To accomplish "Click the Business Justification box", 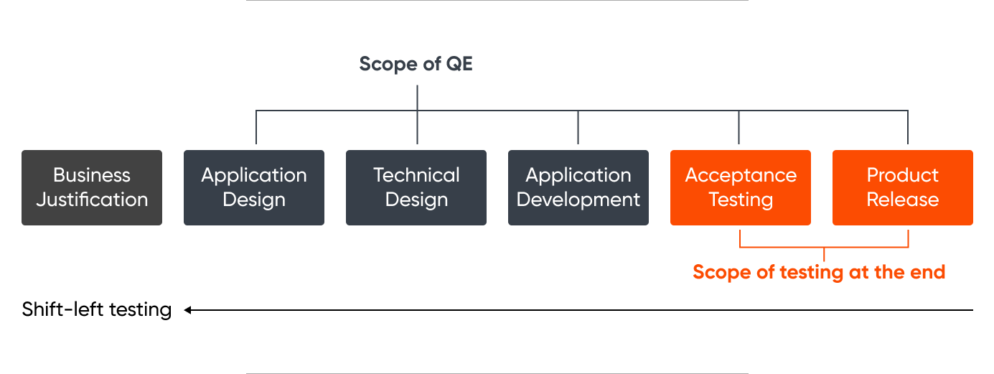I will click(x=92, y=187).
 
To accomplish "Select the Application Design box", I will click(x=254, y=187).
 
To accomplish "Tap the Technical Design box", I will click(x=416, y=187).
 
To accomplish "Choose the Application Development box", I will click(x=578, y=187).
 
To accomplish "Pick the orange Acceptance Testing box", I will click(x=741, y=187).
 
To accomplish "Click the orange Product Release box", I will click(x=903, y=187).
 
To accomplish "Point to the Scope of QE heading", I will click(x=416, y=64).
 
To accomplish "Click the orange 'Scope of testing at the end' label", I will click(x=819, y=272).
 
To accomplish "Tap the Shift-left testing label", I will click(x=97, y=310).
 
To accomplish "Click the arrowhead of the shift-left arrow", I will click(x=187, y=310).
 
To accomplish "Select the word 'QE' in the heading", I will click(x=459, y=64).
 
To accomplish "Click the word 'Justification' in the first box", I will click(x=92, y=200).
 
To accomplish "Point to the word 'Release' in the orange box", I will click(x=903, y=200).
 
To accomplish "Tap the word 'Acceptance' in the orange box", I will click(x=741, y=175).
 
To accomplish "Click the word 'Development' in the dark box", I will click(x=578, y=200).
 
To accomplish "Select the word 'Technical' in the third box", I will click(x=416, y=175).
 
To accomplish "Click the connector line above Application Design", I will click(x=256, y=128).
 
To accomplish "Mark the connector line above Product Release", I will click(x=908, y=128).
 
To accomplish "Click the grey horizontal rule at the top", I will click(x=497, y=1).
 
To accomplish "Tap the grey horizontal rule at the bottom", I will click(x=497, y=373).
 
